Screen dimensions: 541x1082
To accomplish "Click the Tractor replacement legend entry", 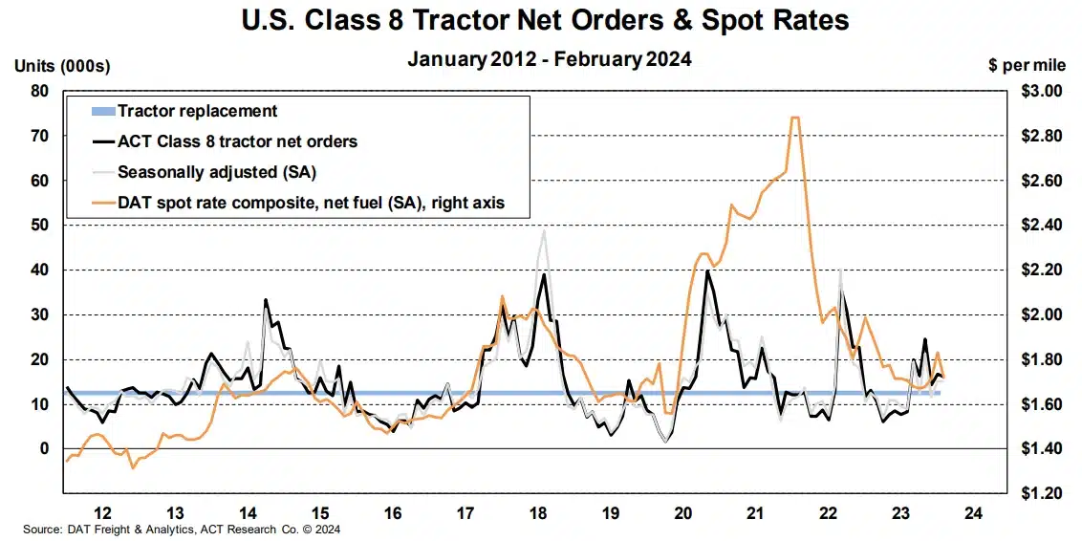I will pyautogui.click(x=197, y=111).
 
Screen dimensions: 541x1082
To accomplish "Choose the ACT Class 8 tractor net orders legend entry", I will pyautogui.click(x=237, y=141).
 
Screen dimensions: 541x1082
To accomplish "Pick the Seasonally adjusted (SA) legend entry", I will pyautogui.click(x=215, y=172).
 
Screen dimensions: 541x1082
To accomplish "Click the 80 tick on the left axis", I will pyautogui.click(x=40, y=92).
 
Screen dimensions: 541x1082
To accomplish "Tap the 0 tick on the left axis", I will pyautogui.click(x=44, y=448).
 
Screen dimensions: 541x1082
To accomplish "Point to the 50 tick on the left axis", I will pyautogui.click(x=40, y=226).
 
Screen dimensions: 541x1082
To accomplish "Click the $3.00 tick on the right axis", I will pyautogui.click(x=1039, y=92).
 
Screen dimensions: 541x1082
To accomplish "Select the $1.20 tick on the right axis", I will pyautogui.click(x=1039, y=493).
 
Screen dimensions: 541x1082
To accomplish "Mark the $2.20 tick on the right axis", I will pyautogui.click(x=1039, y=270).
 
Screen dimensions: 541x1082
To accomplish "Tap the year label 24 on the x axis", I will pyautogui.click(x=972, y=512).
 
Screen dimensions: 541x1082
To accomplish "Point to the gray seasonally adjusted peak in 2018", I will pyautogui.click(x=544, y=230).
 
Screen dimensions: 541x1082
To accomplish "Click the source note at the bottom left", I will pyautogui.click(x=181, y=529).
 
